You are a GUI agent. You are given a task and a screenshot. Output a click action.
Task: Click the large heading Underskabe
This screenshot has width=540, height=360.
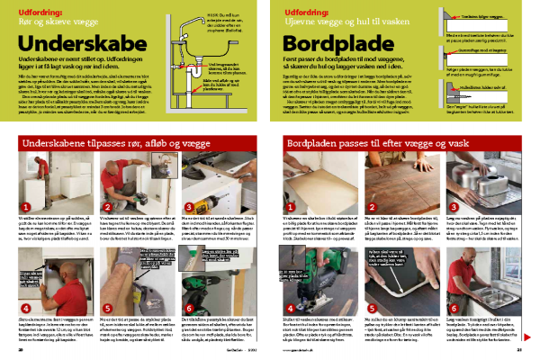[76, 42]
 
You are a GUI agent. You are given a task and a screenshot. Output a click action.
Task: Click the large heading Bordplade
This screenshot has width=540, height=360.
[333, 42]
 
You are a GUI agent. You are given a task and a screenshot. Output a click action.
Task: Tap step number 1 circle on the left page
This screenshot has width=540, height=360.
[26, 208]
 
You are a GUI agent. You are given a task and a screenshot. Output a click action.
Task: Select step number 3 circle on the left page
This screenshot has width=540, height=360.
[186, 208]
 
